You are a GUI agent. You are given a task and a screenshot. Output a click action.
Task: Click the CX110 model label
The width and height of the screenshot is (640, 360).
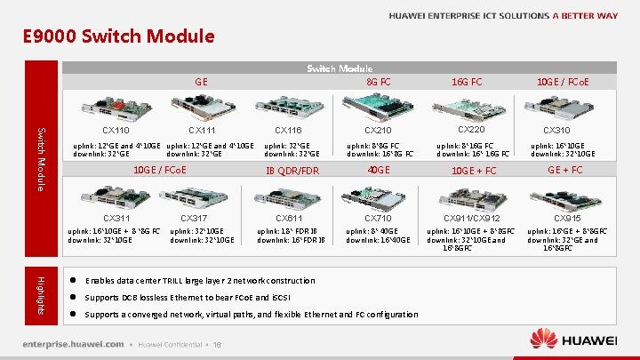[x=116, y=131]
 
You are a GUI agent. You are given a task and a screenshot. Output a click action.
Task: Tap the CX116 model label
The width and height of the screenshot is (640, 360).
[x=289, y=131]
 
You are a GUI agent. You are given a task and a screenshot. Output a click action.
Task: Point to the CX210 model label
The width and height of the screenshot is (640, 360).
[x=378, y=131]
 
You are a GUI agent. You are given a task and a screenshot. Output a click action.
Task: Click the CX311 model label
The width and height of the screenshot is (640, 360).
[x=116, y=218]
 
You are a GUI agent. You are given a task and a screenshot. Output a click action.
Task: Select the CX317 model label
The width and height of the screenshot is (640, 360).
[x=194, y=218]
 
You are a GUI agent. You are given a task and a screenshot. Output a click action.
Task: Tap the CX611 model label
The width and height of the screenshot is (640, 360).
[x=289, y=218]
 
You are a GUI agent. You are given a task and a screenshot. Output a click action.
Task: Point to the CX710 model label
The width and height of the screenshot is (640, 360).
[x=378, y=218]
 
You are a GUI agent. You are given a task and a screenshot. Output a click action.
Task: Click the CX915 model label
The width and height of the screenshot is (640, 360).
[x=568, y=218]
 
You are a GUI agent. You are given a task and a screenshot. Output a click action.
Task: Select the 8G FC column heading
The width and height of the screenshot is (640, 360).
[x=379, y=82]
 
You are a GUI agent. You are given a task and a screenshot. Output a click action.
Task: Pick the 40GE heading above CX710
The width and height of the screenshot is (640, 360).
[x=379, y=169]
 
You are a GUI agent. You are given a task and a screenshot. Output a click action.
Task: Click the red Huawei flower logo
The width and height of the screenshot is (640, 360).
[x=543, y=338]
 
